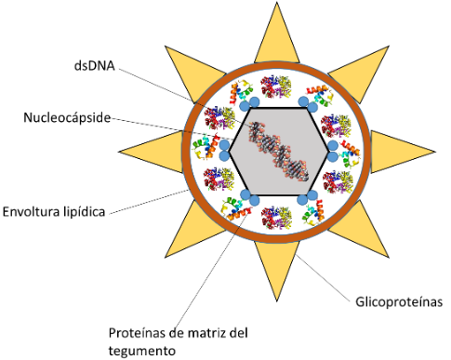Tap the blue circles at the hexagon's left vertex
[224, 149]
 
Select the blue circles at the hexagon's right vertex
[330, 149]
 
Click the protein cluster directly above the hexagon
[276, 87]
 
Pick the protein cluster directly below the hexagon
[276, 219]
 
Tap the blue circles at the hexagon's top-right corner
[304, 100]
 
